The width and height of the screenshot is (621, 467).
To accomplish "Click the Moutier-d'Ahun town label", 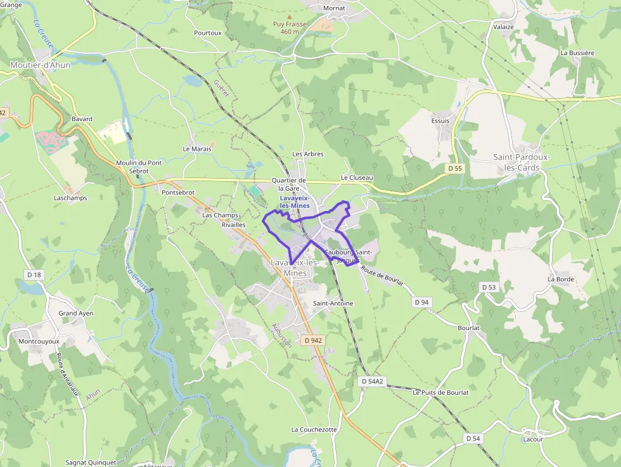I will (40, 65).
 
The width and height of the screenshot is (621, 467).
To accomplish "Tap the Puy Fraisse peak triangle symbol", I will (290, 17).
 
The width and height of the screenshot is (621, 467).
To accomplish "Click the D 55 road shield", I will (455, 169).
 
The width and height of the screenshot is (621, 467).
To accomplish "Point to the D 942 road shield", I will (313, 340).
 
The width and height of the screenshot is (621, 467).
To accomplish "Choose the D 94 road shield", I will (421, 302).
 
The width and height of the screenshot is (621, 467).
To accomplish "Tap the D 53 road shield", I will (489, 287).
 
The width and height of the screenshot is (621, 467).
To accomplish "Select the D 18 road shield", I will (34, 274).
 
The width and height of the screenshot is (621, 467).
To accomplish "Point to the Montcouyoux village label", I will (39, 341).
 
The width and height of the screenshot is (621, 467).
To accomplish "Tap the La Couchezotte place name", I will (314, 429).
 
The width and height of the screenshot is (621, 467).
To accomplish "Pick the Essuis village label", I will (440, 120).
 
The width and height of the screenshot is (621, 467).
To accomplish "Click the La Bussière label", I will (577, 53).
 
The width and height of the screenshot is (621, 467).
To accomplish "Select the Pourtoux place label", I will (208, 33).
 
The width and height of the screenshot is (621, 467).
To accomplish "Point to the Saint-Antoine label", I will (333, 304).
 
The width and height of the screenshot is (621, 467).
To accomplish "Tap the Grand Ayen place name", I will (76, 313).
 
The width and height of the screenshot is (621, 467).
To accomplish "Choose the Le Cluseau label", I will (357, 178).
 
